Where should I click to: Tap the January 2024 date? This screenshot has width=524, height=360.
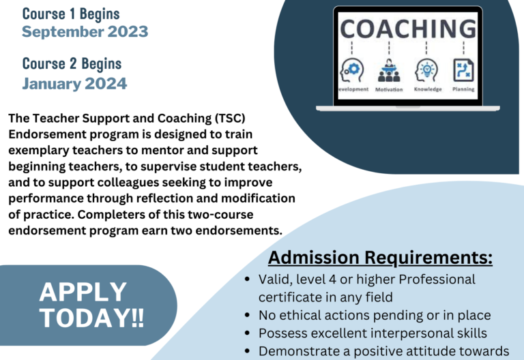tap(74, 83)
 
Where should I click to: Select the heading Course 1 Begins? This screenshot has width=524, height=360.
tap(71, 14)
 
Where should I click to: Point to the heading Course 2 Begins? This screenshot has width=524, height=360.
tap(72, 64)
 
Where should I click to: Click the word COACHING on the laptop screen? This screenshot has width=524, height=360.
tap(408, 29)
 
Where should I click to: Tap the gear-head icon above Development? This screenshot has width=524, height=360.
tap(352, 70)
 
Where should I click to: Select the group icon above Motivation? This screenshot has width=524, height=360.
tap(389, 70)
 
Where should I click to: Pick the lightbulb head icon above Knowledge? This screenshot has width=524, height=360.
tap(426, 70)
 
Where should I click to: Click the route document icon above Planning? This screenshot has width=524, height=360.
tap(463, 70)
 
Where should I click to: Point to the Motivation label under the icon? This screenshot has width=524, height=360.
tap(389, 89)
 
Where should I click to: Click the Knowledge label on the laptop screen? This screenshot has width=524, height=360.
tap(428, 89)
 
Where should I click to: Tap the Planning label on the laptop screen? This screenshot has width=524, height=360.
tap(463, 89)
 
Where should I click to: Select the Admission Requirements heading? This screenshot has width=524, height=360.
tap(380, 258)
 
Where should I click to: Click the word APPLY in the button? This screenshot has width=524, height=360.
tap(83, 292)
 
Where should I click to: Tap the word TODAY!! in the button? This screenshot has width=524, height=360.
tap(92, 318)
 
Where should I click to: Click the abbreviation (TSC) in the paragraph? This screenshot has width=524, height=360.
tap(230, 118)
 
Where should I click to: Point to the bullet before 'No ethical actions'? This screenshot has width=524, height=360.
tap(247, 315)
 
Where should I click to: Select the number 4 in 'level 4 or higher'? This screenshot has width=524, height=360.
tap(332, 280)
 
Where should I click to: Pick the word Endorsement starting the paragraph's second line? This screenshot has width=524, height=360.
tap(47, 134)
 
